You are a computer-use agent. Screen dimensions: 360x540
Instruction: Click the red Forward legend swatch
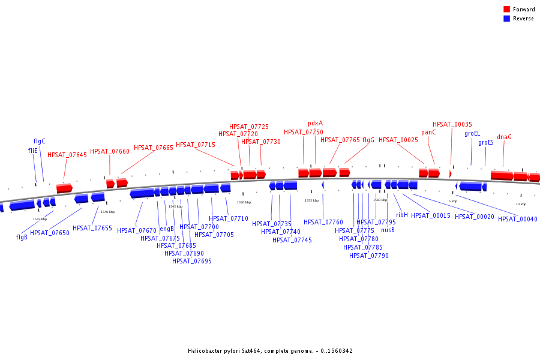pos(506,10)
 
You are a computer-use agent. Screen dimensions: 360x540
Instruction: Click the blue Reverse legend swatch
pos(506,19)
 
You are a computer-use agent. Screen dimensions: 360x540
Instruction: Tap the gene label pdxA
pos(316,124)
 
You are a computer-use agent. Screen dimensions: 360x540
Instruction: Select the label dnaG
pos(504,137)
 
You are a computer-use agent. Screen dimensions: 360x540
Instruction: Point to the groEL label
pos(472,133)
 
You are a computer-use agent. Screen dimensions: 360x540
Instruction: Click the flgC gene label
pos(40,142)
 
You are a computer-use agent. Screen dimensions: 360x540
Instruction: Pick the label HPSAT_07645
pos(67,155)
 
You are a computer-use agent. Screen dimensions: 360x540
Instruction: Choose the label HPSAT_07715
pos(196,145)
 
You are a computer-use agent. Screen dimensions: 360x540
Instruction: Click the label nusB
pos(388,230)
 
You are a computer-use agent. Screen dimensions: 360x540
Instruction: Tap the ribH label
pos(402,215)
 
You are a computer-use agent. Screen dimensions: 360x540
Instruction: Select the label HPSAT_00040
pos(517,219)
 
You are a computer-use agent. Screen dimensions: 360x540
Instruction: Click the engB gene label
pos(167,229)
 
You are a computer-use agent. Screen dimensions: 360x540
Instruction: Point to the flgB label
pos(22,237)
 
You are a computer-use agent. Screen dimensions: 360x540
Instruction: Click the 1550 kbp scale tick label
pos(244,202)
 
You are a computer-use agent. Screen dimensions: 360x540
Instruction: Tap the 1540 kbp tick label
pos(108,212)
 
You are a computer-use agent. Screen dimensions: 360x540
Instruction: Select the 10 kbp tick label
pos(521,204)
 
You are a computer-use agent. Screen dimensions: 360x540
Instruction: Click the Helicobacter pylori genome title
pos(270,351)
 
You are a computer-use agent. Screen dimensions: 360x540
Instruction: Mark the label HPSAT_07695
pos(192,261)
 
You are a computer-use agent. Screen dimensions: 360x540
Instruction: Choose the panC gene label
pos(428,133)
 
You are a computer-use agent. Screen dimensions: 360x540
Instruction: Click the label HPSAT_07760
pos(323,222)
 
